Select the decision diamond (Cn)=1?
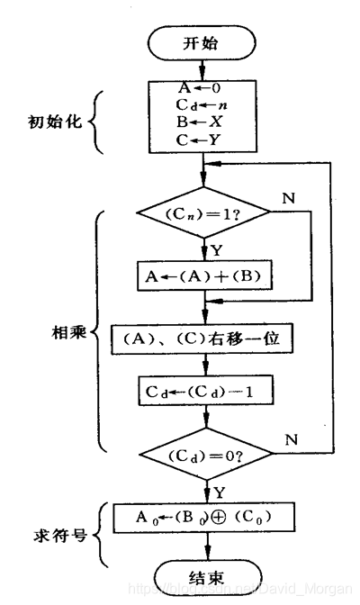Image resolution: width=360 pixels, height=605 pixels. (204, 213)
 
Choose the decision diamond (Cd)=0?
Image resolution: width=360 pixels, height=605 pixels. (206, 456)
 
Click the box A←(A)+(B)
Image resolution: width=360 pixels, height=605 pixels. (204, 275)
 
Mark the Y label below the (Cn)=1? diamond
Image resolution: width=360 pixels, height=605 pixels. (215, 249)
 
